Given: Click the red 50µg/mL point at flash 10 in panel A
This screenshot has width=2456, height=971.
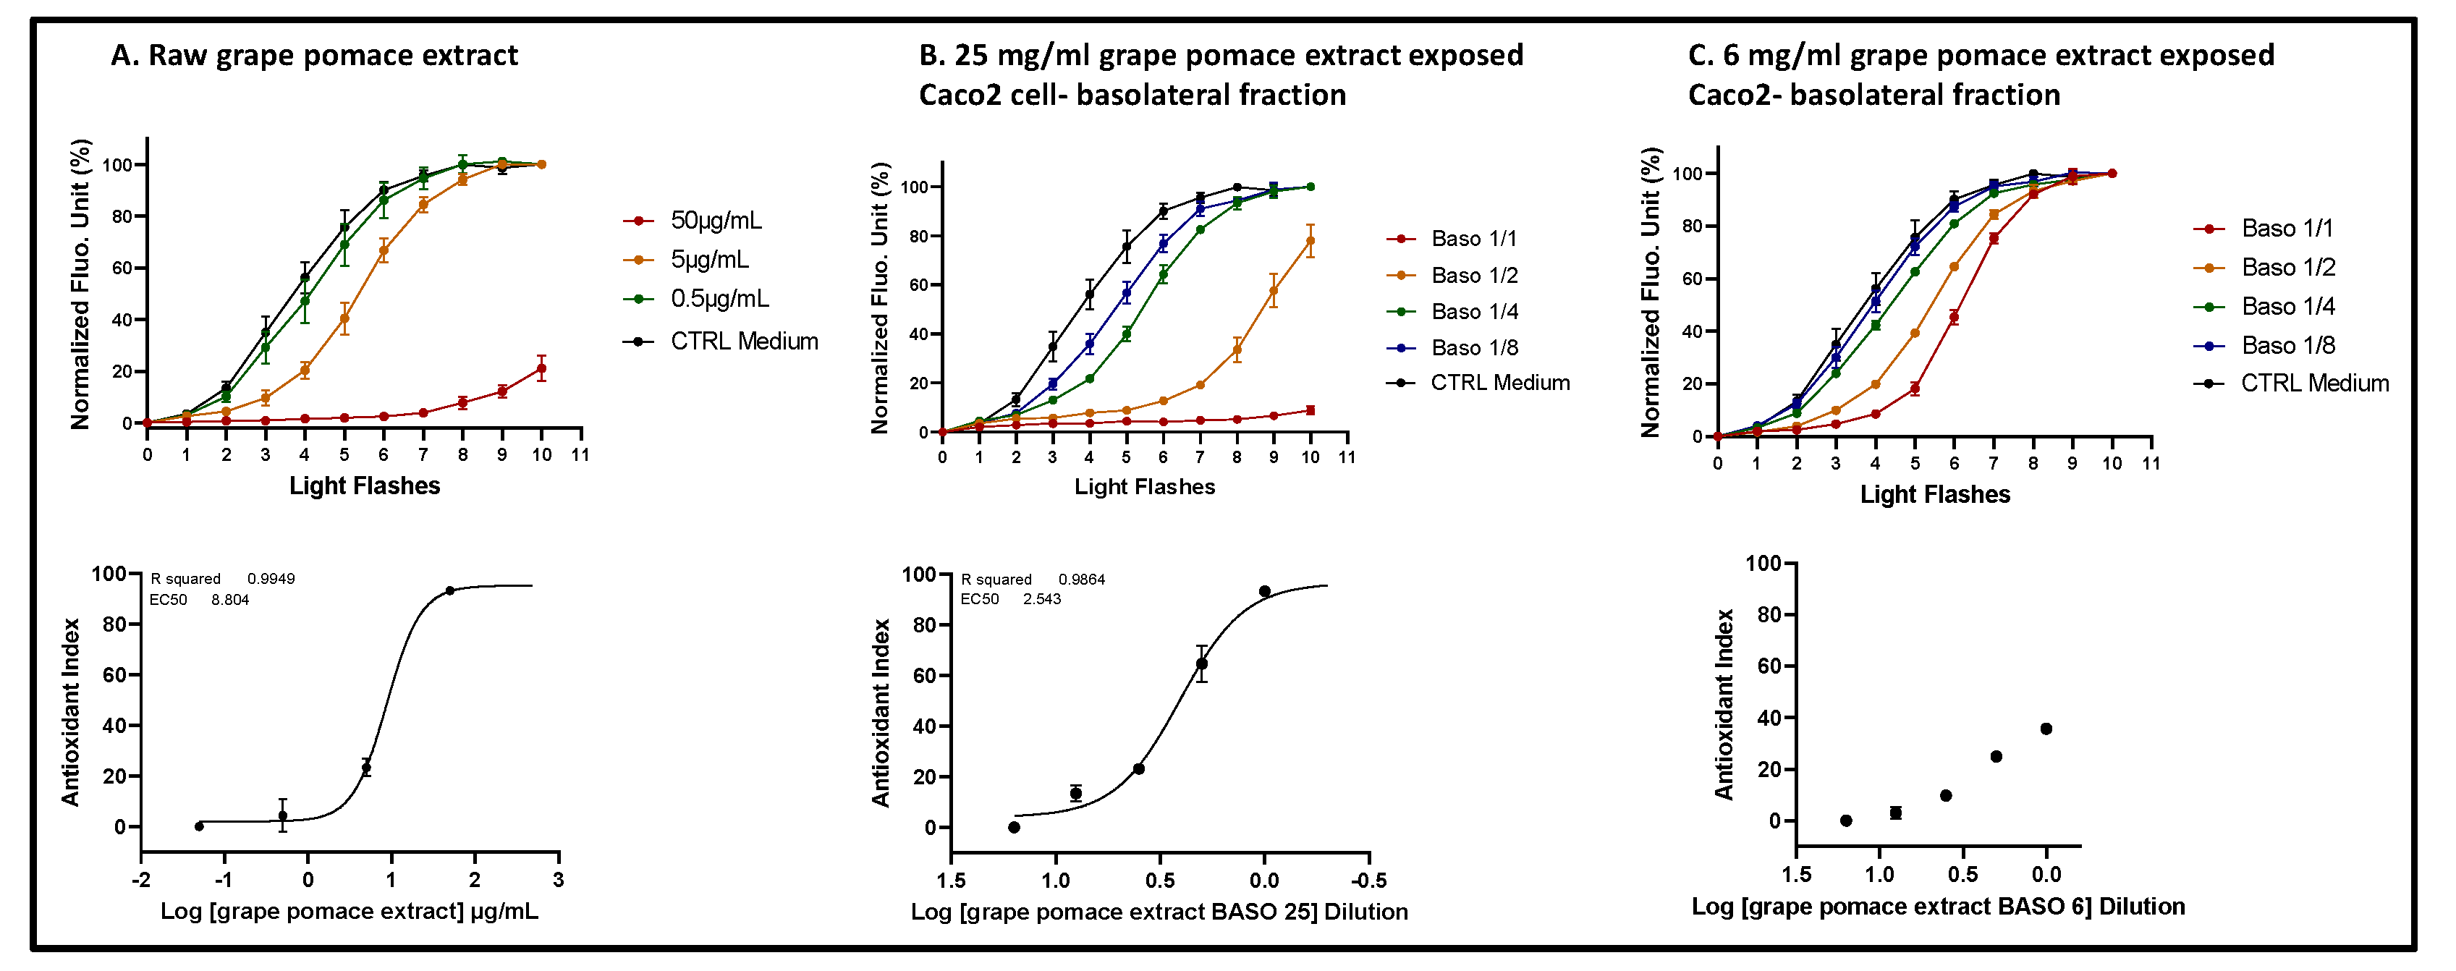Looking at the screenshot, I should pos(541,369).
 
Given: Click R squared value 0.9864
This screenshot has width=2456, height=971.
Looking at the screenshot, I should pos(1081,580).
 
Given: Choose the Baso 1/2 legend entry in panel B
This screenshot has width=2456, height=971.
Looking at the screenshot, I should pos(1473,276).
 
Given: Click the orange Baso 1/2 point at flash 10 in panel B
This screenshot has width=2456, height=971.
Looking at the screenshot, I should pos(1310,241).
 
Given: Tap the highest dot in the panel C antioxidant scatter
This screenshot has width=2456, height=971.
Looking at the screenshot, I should pos(2046,729).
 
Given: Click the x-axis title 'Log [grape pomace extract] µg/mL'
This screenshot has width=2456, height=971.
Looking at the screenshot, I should pos(349,911).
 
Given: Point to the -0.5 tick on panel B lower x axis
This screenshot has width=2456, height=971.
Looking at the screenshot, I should pos(1368,881).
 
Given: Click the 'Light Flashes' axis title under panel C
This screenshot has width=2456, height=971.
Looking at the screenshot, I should pos(1934,495).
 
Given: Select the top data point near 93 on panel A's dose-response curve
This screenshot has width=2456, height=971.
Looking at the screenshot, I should pos(450,591).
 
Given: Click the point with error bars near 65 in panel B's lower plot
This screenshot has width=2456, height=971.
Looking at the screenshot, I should pos(1201,663).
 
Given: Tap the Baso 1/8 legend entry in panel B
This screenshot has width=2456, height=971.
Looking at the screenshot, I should pos(1473,348).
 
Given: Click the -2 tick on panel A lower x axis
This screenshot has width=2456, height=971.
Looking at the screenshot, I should pos(141,880).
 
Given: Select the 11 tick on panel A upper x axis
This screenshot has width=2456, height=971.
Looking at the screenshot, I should pos(580,454).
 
